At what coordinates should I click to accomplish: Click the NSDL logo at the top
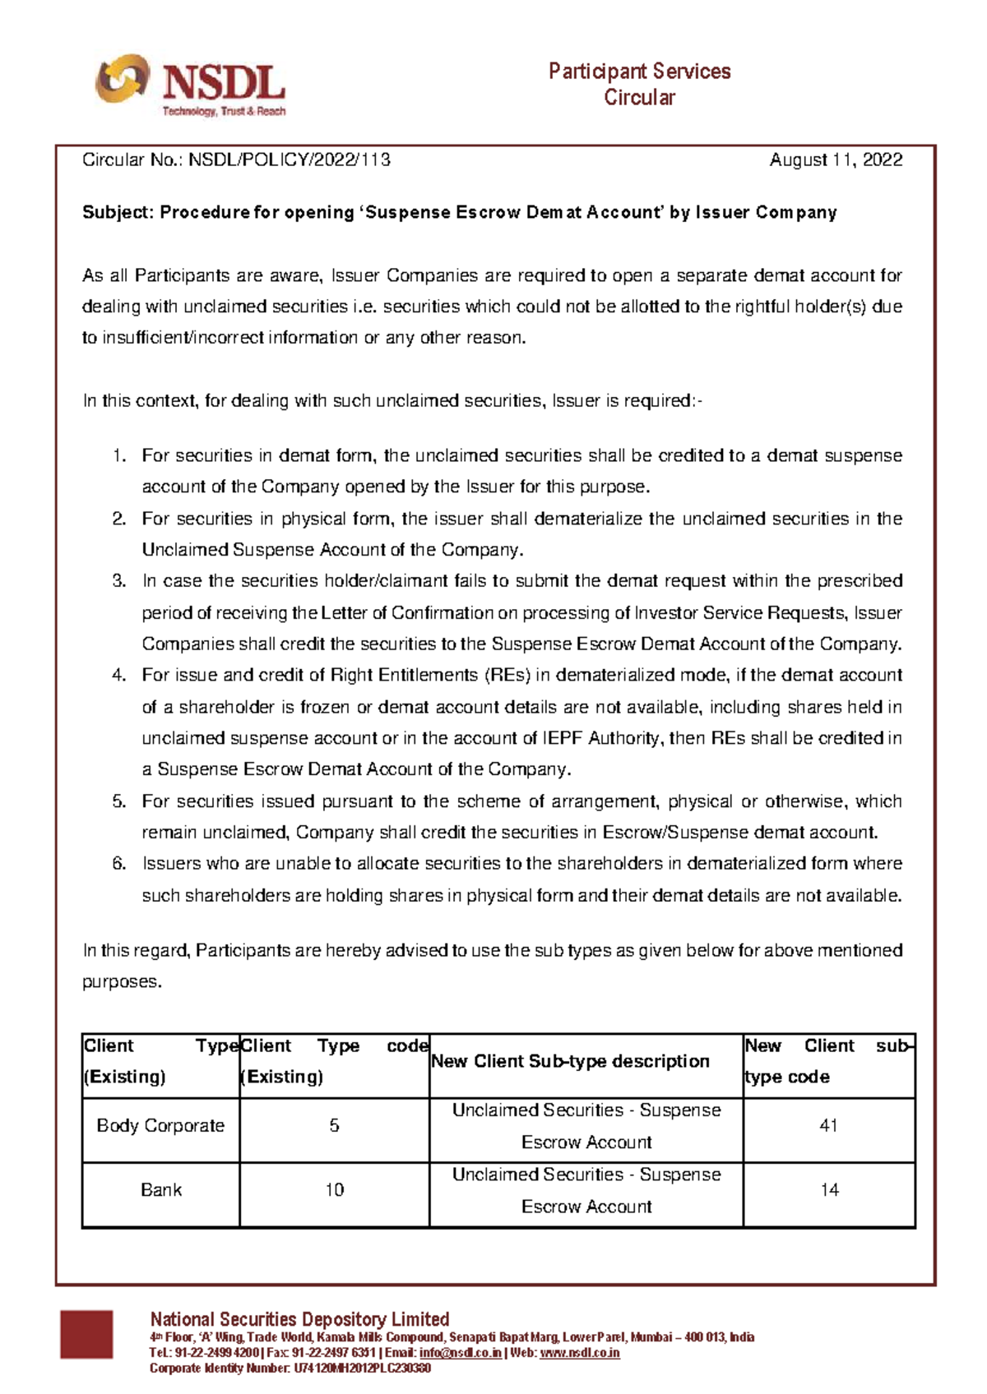click(191, 85)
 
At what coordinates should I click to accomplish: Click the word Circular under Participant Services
click(639, 98)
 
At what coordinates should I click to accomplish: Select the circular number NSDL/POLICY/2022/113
click(290, 160)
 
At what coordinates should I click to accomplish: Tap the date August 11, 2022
click(836, 160)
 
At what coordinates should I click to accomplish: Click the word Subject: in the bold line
click(118, 213)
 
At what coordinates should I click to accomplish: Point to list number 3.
click(119, 581)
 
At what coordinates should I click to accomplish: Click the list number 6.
click(119, 864)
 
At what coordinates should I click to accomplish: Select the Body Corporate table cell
click(160, 1126)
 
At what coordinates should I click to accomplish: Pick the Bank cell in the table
click(160, 1190)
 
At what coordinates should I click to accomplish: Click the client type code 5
click(334, 1126)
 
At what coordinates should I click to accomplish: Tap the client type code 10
click(334, 1190)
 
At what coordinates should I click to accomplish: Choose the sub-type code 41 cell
click(828, 1126)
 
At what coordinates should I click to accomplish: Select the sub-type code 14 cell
click(829, 1190)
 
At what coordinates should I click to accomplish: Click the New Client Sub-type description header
click(570, 1062)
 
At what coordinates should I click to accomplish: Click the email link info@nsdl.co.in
click(460, 1353)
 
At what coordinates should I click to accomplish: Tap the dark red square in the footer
click(86, 1334)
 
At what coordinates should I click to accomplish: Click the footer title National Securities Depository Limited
click(299, 1319)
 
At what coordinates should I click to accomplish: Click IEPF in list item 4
click(563, 738)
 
